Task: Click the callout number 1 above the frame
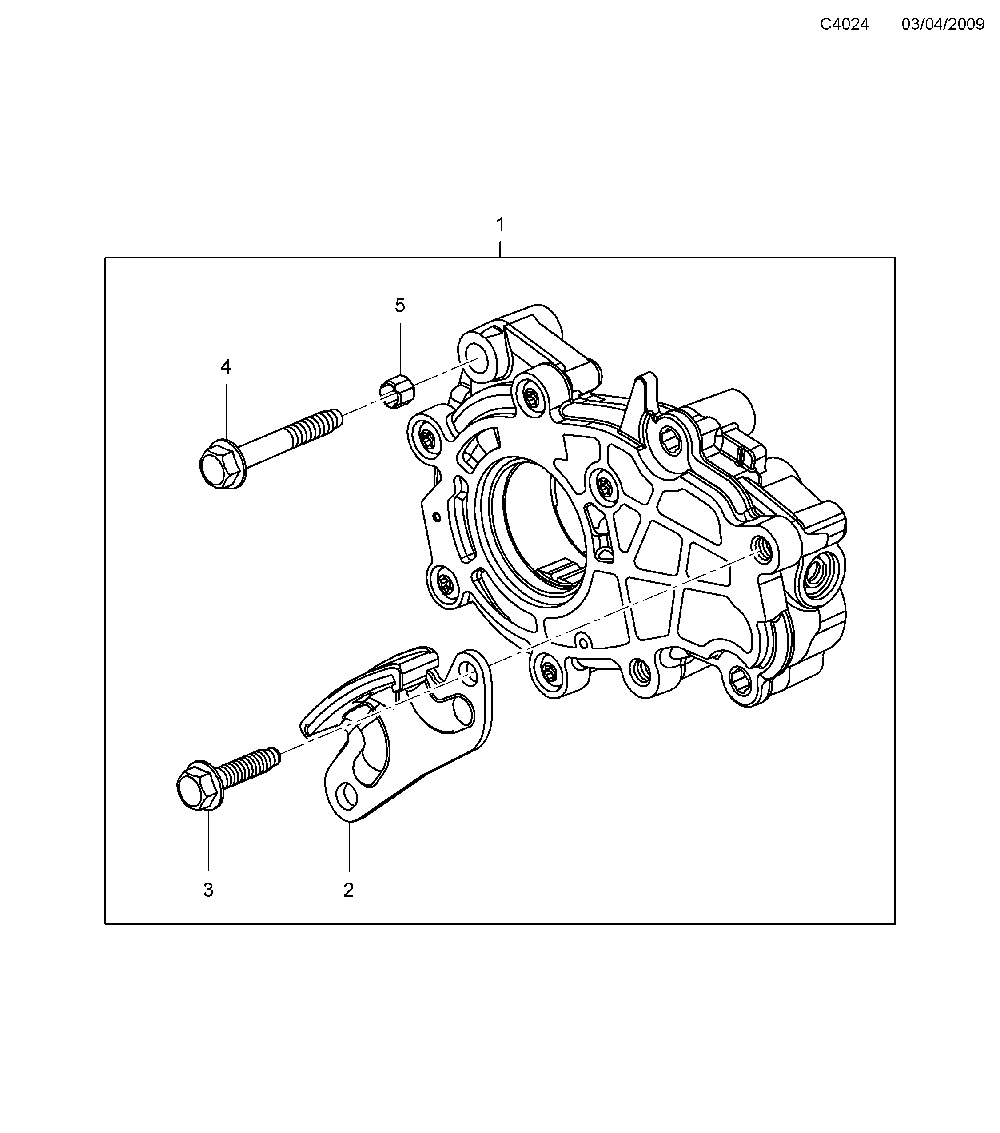point(500,225)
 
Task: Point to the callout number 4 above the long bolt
point(225,367)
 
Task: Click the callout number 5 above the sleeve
point(400,306)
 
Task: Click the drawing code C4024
point(844,24)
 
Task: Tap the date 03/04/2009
point(943,24)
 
